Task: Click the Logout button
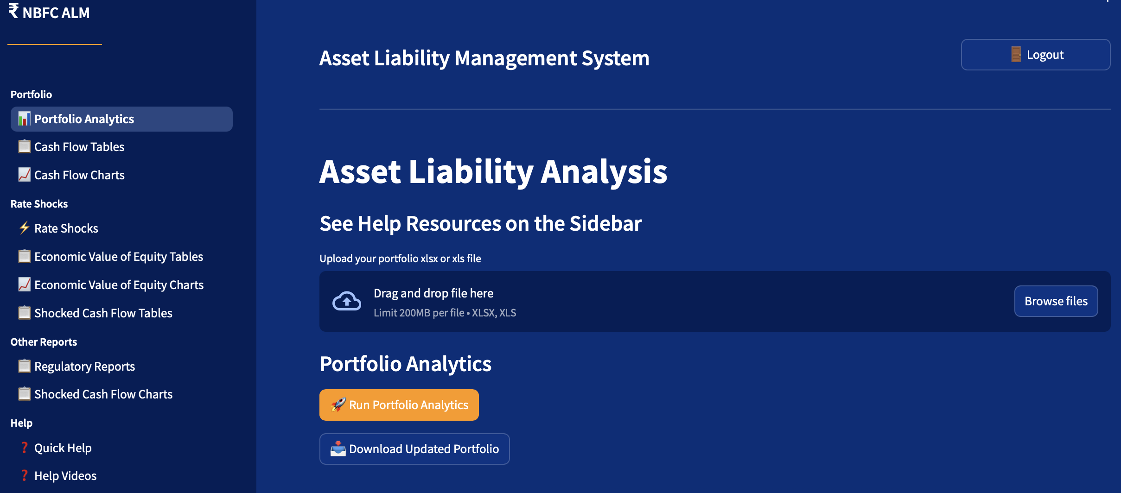[1035, 55]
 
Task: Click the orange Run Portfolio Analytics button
[399, 405]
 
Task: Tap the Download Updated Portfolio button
[414, 449]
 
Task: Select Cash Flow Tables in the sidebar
[79, 147]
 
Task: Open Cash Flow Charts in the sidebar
[79, 175]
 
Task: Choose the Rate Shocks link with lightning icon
[66, 228]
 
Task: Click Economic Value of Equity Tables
[119, 257]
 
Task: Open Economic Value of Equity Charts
[119, 285]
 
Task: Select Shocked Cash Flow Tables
[103, 313]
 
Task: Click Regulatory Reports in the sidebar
[84, 367]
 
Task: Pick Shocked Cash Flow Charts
[103, 394]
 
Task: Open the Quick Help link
[63, 448]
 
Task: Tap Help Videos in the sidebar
[65, 476]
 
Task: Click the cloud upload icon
[347, 301]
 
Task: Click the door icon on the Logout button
[1016, 54]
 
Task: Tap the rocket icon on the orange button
[338, 405]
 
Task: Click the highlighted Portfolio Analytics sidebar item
[121, 119]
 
